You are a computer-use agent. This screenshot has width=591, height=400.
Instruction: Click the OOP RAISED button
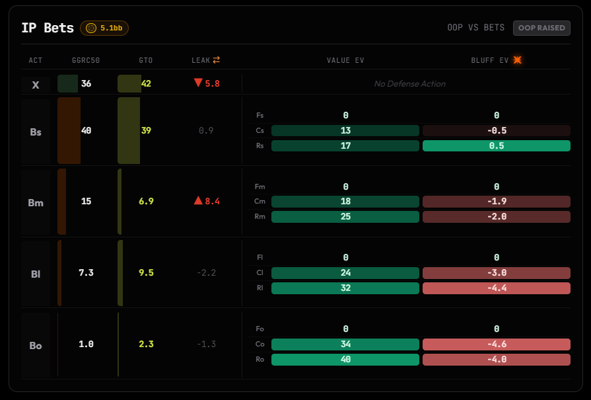pos(541,28)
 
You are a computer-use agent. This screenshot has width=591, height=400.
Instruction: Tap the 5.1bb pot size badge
pos(104,28)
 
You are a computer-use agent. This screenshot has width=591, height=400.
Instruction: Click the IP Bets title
pos(48,28)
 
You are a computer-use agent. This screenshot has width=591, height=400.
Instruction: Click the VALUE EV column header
pos(345,60)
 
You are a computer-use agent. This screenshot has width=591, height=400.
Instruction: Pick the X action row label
pos(36,85)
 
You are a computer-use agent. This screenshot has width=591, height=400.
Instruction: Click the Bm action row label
pos(36,202)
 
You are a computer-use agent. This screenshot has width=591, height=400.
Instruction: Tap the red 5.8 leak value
pos(207,83)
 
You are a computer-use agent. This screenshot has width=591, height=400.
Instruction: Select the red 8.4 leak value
pos(207,201)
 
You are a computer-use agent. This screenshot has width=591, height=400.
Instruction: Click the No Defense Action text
pos(409,84)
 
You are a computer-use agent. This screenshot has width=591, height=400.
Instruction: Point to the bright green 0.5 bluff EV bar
pos(497,145)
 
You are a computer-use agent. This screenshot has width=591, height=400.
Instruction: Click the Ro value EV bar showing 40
pos(345,359)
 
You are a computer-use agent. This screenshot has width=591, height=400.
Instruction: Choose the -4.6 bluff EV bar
pos(497,344)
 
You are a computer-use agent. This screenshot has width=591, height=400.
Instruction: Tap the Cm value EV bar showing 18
pos(345,202)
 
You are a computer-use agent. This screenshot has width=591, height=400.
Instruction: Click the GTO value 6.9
pos(146,201)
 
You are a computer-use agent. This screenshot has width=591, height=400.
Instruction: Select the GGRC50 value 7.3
pos(86,272)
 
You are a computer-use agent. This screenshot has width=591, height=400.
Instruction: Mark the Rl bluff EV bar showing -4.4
pos(497,288)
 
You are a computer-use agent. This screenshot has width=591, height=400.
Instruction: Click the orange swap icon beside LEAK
pos(217,60)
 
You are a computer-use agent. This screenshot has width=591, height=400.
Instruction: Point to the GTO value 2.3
pos(146,344)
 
